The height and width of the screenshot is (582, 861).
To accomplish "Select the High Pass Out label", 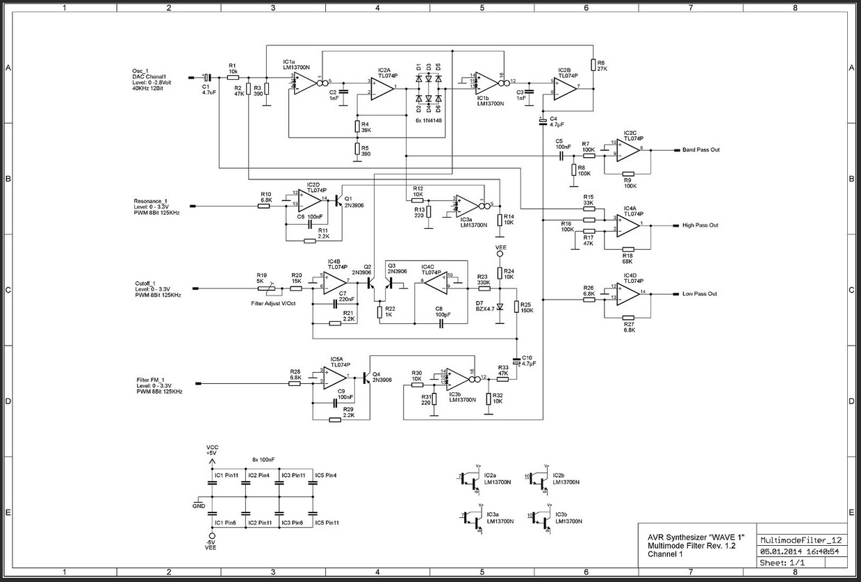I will point(700,225).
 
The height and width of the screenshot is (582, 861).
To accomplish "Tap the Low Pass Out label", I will point(700,293).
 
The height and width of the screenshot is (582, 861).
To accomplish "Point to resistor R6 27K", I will point(593,65).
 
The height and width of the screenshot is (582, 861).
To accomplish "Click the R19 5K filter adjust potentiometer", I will point(263,285).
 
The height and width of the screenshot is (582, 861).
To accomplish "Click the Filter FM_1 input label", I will point(151,380).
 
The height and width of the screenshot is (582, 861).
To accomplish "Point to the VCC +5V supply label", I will point(211,450).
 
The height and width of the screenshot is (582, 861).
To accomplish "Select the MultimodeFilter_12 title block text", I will point(801,540).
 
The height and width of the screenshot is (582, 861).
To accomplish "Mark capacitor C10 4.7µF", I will point(517,362).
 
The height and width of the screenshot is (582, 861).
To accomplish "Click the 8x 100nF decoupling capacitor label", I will point(263,460).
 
